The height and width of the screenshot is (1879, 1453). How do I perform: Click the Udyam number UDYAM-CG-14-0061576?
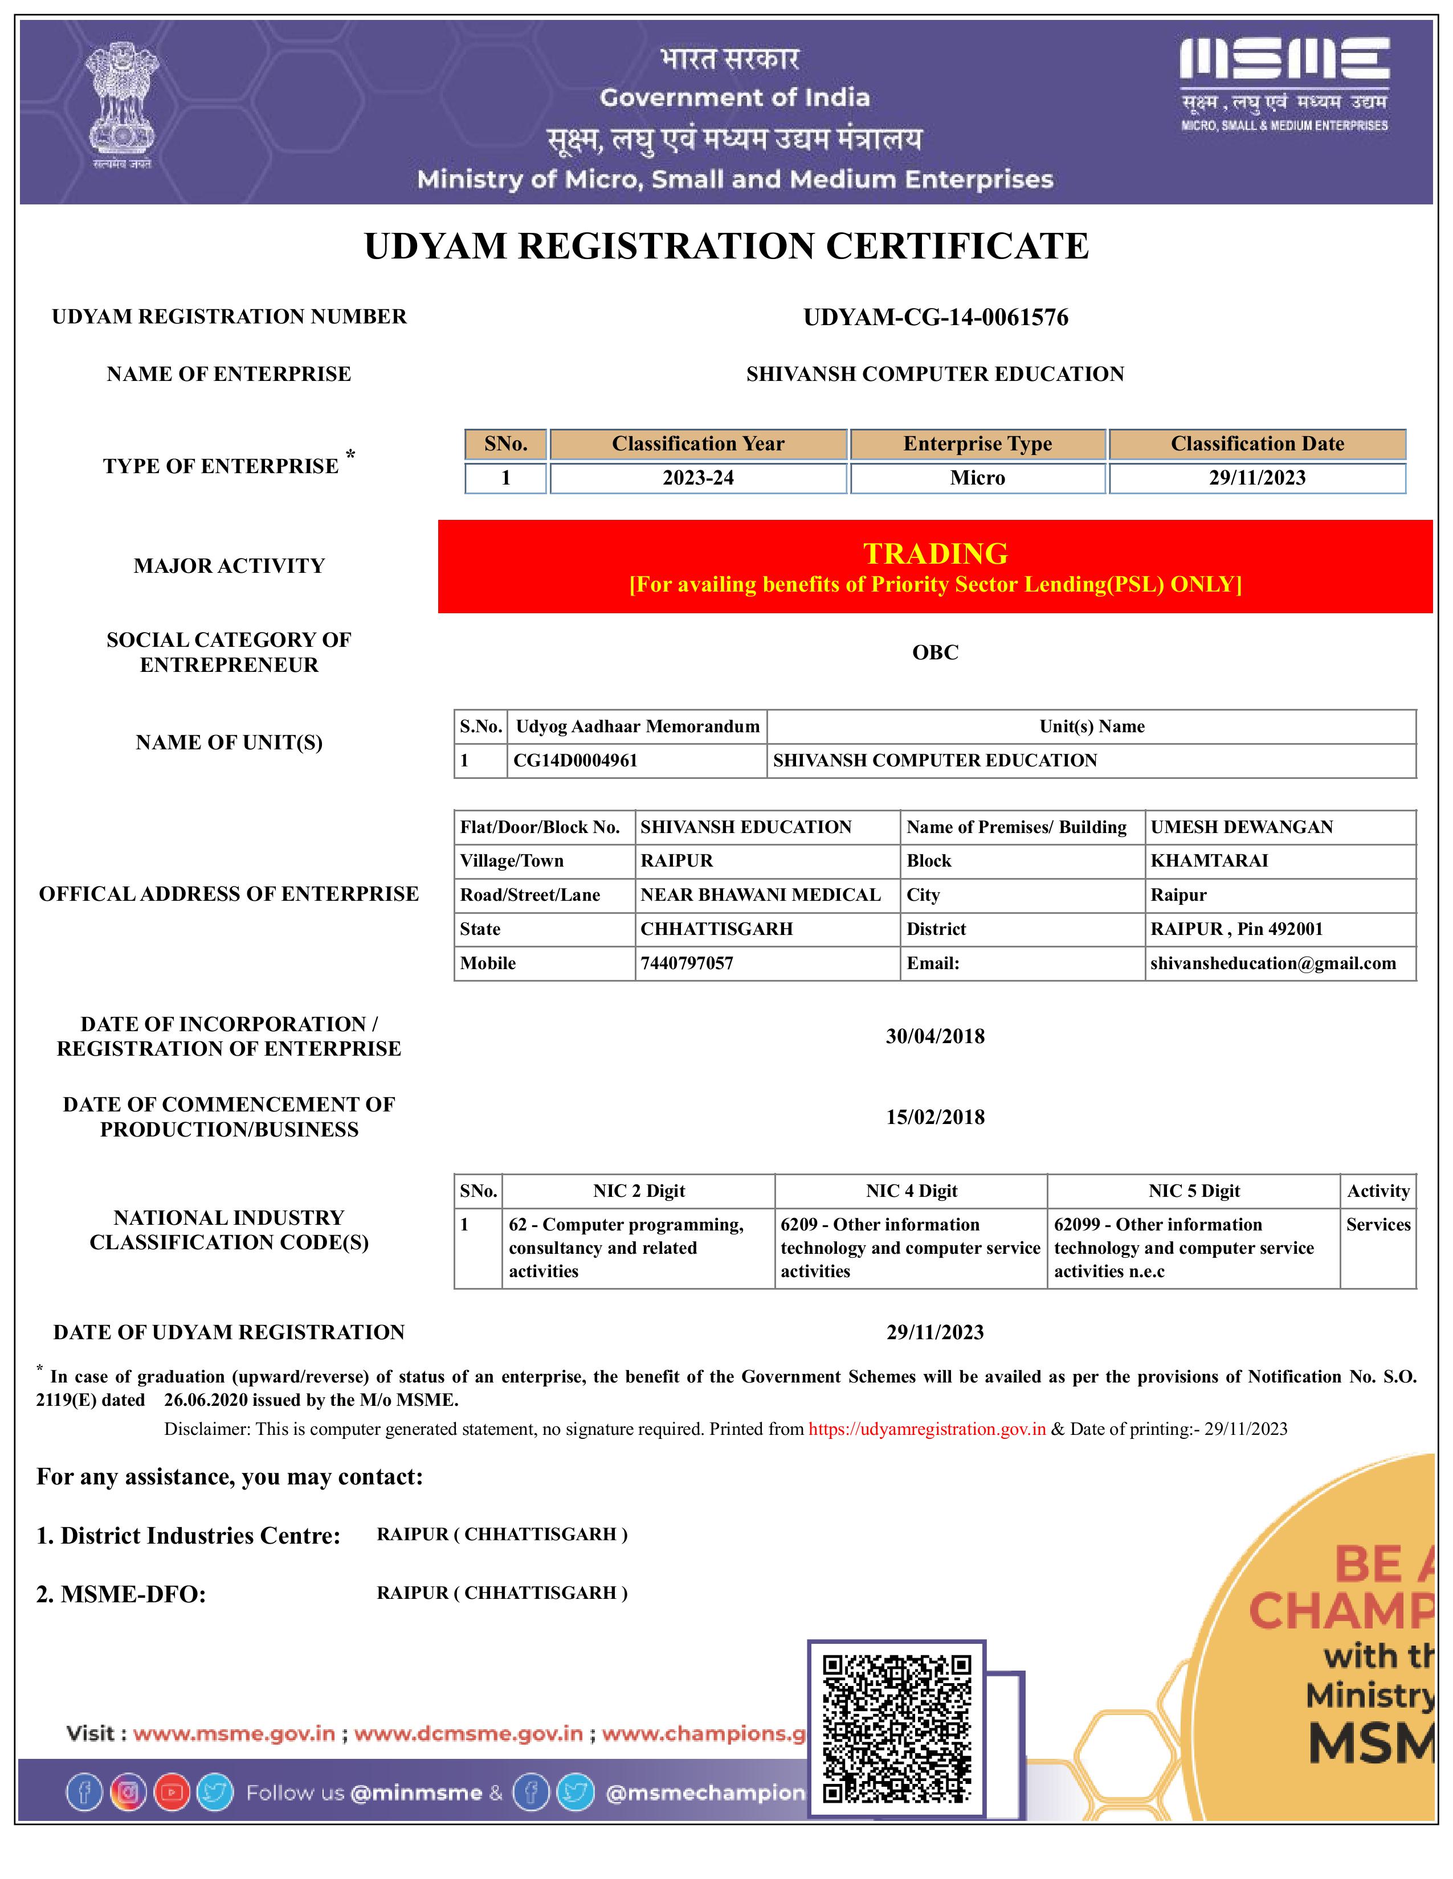click(x=935, y=318)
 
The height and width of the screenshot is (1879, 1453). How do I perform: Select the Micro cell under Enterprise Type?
click(x=977, y=478)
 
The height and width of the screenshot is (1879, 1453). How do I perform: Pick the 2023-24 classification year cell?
click(x=697, y=478)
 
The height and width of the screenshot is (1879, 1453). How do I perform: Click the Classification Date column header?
click(x=1257, y=444)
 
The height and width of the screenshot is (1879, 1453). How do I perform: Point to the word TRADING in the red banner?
click(x=935, y=553)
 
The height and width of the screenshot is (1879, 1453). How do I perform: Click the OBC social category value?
click(x=935, y=652)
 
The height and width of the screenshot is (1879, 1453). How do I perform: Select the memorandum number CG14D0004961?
click(x=575, y=761)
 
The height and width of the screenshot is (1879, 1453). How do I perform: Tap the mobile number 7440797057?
click(x=687, y=963)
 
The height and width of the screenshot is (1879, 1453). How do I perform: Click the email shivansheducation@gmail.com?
click(x=1272, y=963)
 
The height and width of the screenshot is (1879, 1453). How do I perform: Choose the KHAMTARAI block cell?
click(x=1209, y=861)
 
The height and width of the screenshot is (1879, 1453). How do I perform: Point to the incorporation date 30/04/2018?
click(x=935, y=1036)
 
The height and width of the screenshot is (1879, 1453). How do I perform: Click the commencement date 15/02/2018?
click(x=935, y=1117)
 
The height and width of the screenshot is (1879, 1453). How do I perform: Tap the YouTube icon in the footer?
click(x=172, y=1793)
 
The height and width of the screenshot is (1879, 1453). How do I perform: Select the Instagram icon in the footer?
click(x=128, y=1793)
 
